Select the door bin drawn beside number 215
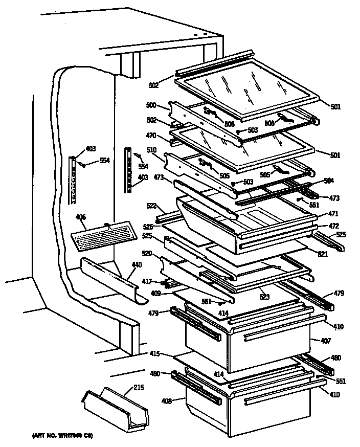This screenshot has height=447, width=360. click(x=115, y=408)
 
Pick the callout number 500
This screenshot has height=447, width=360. click(x=151, y=105)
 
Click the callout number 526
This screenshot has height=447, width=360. click(x=148, y=227)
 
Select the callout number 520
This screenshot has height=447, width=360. click(x=147, y=253)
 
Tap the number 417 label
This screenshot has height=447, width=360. click(x=147, y=280)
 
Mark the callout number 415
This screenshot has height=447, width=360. click(x=155, y=353)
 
